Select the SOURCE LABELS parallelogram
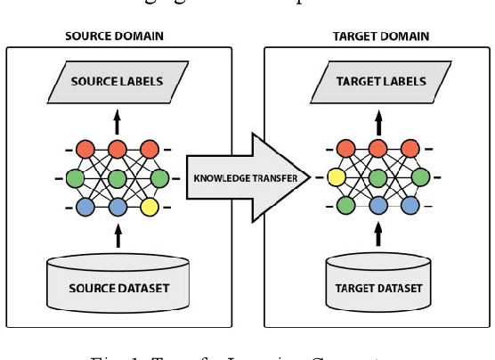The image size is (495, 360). click(118, 82)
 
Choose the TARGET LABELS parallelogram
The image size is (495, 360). click(380, 82)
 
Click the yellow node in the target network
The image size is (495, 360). click(337, 177)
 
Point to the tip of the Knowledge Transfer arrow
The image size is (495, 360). click(311, 177)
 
